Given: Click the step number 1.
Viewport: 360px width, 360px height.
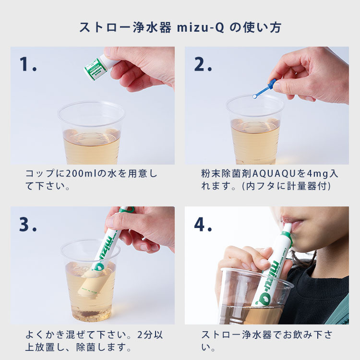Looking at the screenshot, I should (x=27, y=65).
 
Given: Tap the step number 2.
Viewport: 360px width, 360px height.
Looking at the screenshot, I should (x=203, y=65).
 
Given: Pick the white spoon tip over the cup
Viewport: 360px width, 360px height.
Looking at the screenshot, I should (x=255, y=96).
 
